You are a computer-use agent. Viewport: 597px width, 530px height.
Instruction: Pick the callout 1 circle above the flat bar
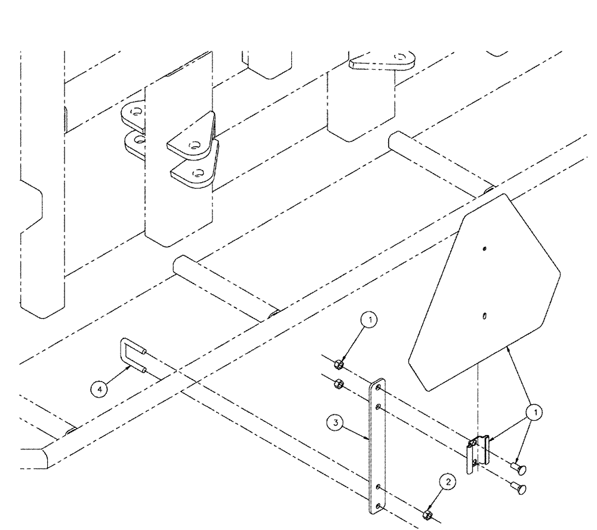371,321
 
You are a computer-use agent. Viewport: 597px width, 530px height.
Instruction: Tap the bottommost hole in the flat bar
377,505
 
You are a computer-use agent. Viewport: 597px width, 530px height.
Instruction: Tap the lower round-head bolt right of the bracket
521,488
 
